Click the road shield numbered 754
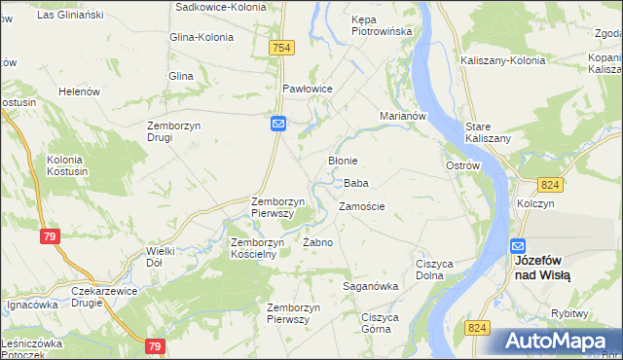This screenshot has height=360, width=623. coord(282,48)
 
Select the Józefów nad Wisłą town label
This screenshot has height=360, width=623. coord(542,269)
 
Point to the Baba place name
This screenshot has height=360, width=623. coord(355,183)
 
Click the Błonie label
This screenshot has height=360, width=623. coord(343,161)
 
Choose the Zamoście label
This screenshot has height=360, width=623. coord(361,206)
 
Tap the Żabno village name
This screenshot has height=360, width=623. coord(318,242)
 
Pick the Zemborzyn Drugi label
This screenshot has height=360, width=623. coord(173,130)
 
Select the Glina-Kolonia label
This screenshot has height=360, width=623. coord(202,37)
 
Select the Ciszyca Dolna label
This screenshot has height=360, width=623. coord(436,269)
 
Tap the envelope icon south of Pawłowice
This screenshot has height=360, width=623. coord(277,124)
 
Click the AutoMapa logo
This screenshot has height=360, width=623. coord(556,341)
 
